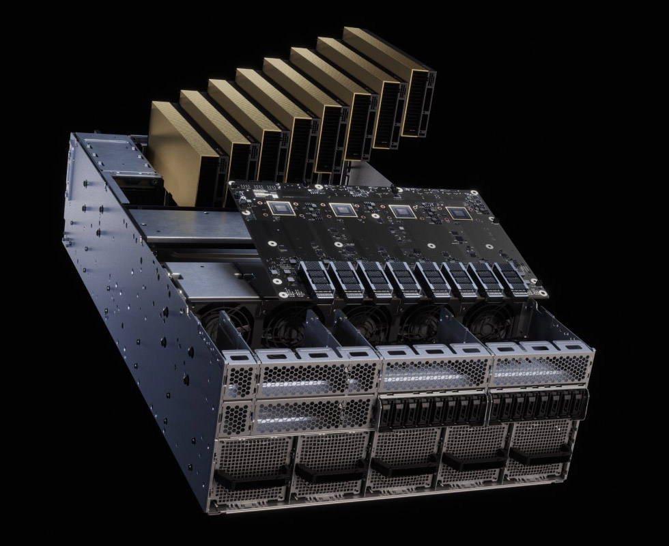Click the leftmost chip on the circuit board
point(281,207)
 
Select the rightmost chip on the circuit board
point(459,214)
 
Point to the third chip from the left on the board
point(401,212)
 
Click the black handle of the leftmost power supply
point(246,477)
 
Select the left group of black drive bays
point(431,411)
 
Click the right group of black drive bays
point(539,405)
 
